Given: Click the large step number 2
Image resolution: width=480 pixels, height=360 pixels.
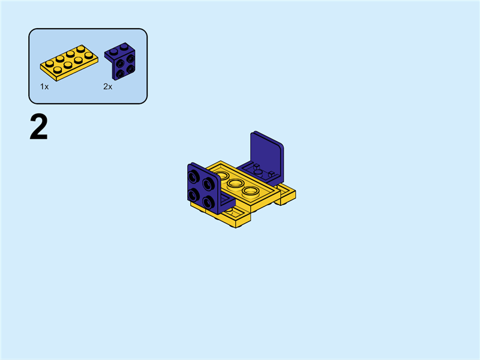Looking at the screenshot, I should click(38, 128).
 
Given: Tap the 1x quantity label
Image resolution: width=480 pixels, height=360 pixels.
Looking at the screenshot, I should click(44, 86).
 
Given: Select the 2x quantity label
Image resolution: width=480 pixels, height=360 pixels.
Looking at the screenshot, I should click(107, 86).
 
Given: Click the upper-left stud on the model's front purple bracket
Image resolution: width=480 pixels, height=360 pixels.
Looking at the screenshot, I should click(194, 177).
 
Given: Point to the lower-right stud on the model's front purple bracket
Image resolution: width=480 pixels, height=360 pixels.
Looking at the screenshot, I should click(208, 200).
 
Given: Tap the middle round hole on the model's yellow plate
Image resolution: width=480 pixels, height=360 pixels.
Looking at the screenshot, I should click(235, 183).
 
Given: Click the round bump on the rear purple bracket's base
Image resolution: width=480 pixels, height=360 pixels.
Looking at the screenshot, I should click(258, 171).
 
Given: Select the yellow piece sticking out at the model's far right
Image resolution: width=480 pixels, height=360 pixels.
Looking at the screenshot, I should click(286, 194).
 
